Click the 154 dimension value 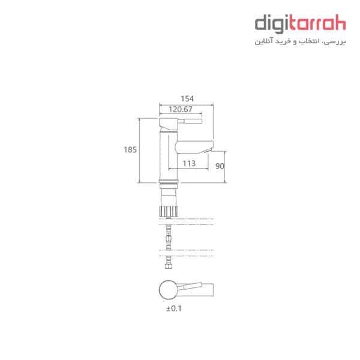coord(187,99)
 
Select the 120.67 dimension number coord(180,109)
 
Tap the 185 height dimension coord(130,150)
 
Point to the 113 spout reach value coord(189,163)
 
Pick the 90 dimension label coord(220,166)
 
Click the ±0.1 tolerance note coord(174,308)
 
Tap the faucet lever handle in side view coord(190,121)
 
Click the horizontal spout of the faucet coord(194,147)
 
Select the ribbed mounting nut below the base coord(169,211)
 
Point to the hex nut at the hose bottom coord(169,266)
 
